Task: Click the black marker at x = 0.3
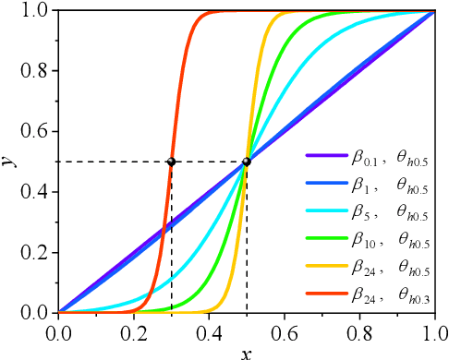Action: [171, 162]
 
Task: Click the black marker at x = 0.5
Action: [247, 162]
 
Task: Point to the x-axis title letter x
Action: [246, 352]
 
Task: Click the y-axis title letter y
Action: [7, 162]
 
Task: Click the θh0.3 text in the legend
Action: [414, 294]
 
